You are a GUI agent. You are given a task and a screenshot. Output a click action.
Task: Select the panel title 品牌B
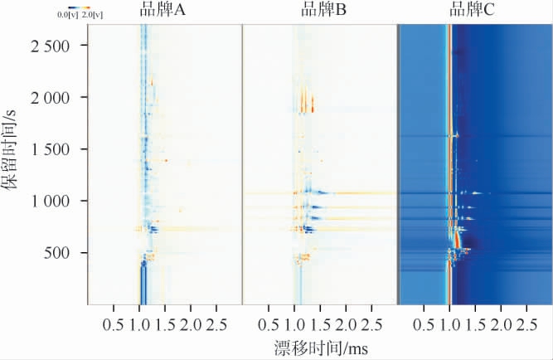318,11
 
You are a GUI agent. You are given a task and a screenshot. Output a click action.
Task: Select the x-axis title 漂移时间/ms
319,346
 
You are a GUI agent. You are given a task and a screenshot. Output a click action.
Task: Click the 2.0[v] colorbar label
92,14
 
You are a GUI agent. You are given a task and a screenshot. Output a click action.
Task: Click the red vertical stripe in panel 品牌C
450,166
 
